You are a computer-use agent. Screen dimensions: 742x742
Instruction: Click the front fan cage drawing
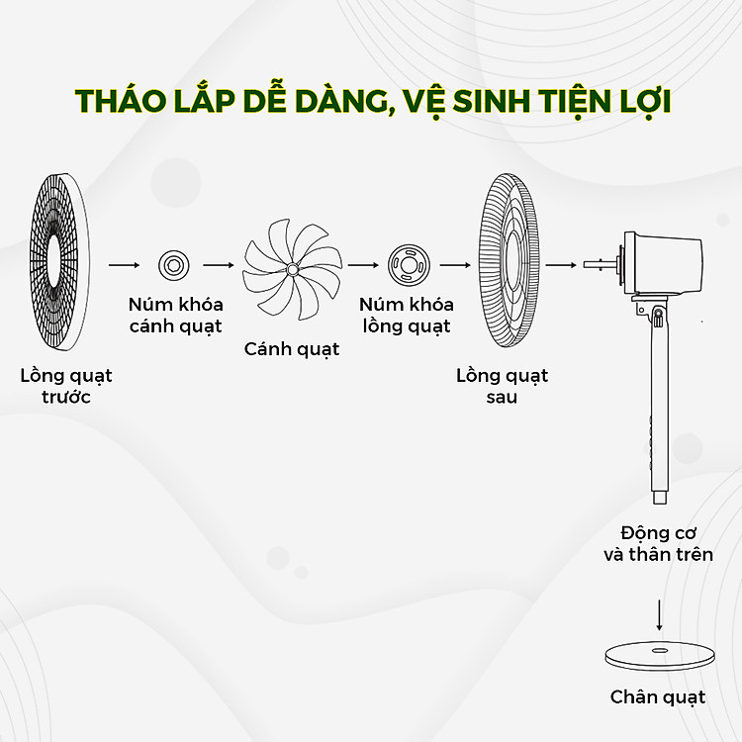click(x=59, y=262)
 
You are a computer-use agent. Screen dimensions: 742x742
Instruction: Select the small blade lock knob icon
click(x=174, y=265)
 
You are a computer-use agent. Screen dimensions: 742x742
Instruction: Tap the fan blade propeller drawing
click(x=292, y=269)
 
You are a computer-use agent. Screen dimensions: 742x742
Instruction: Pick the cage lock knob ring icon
click(x=409, y=265)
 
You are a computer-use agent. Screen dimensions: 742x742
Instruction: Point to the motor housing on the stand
click(x=663, y=263)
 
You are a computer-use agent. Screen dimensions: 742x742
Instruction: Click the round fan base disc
click(x=660, y=655)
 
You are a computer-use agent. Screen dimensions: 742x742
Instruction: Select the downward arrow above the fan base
click(x=659, y=614)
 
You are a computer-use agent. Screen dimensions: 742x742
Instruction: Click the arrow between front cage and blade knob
click(x=124, y=265)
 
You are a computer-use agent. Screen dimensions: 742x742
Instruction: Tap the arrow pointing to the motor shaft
click(x=561, y=265)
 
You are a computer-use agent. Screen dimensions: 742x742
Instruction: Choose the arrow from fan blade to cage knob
click(x=363, y=265)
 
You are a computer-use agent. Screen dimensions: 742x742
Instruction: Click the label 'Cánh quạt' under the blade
click(x=292, y=349)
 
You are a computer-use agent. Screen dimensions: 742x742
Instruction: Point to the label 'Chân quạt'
click(x=658, y=697)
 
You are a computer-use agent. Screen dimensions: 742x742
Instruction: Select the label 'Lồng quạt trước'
click(x=66, y=386)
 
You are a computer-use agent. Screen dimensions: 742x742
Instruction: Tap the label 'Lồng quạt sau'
click(x=502, y=386)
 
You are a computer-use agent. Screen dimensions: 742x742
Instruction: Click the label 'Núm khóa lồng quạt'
click(x=407, y=316)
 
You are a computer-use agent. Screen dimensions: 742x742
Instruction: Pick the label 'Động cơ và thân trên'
click(x=658, y=544)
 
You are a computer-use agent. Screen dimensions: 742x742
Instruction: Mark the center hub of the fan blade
click(x=292, y=270)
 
